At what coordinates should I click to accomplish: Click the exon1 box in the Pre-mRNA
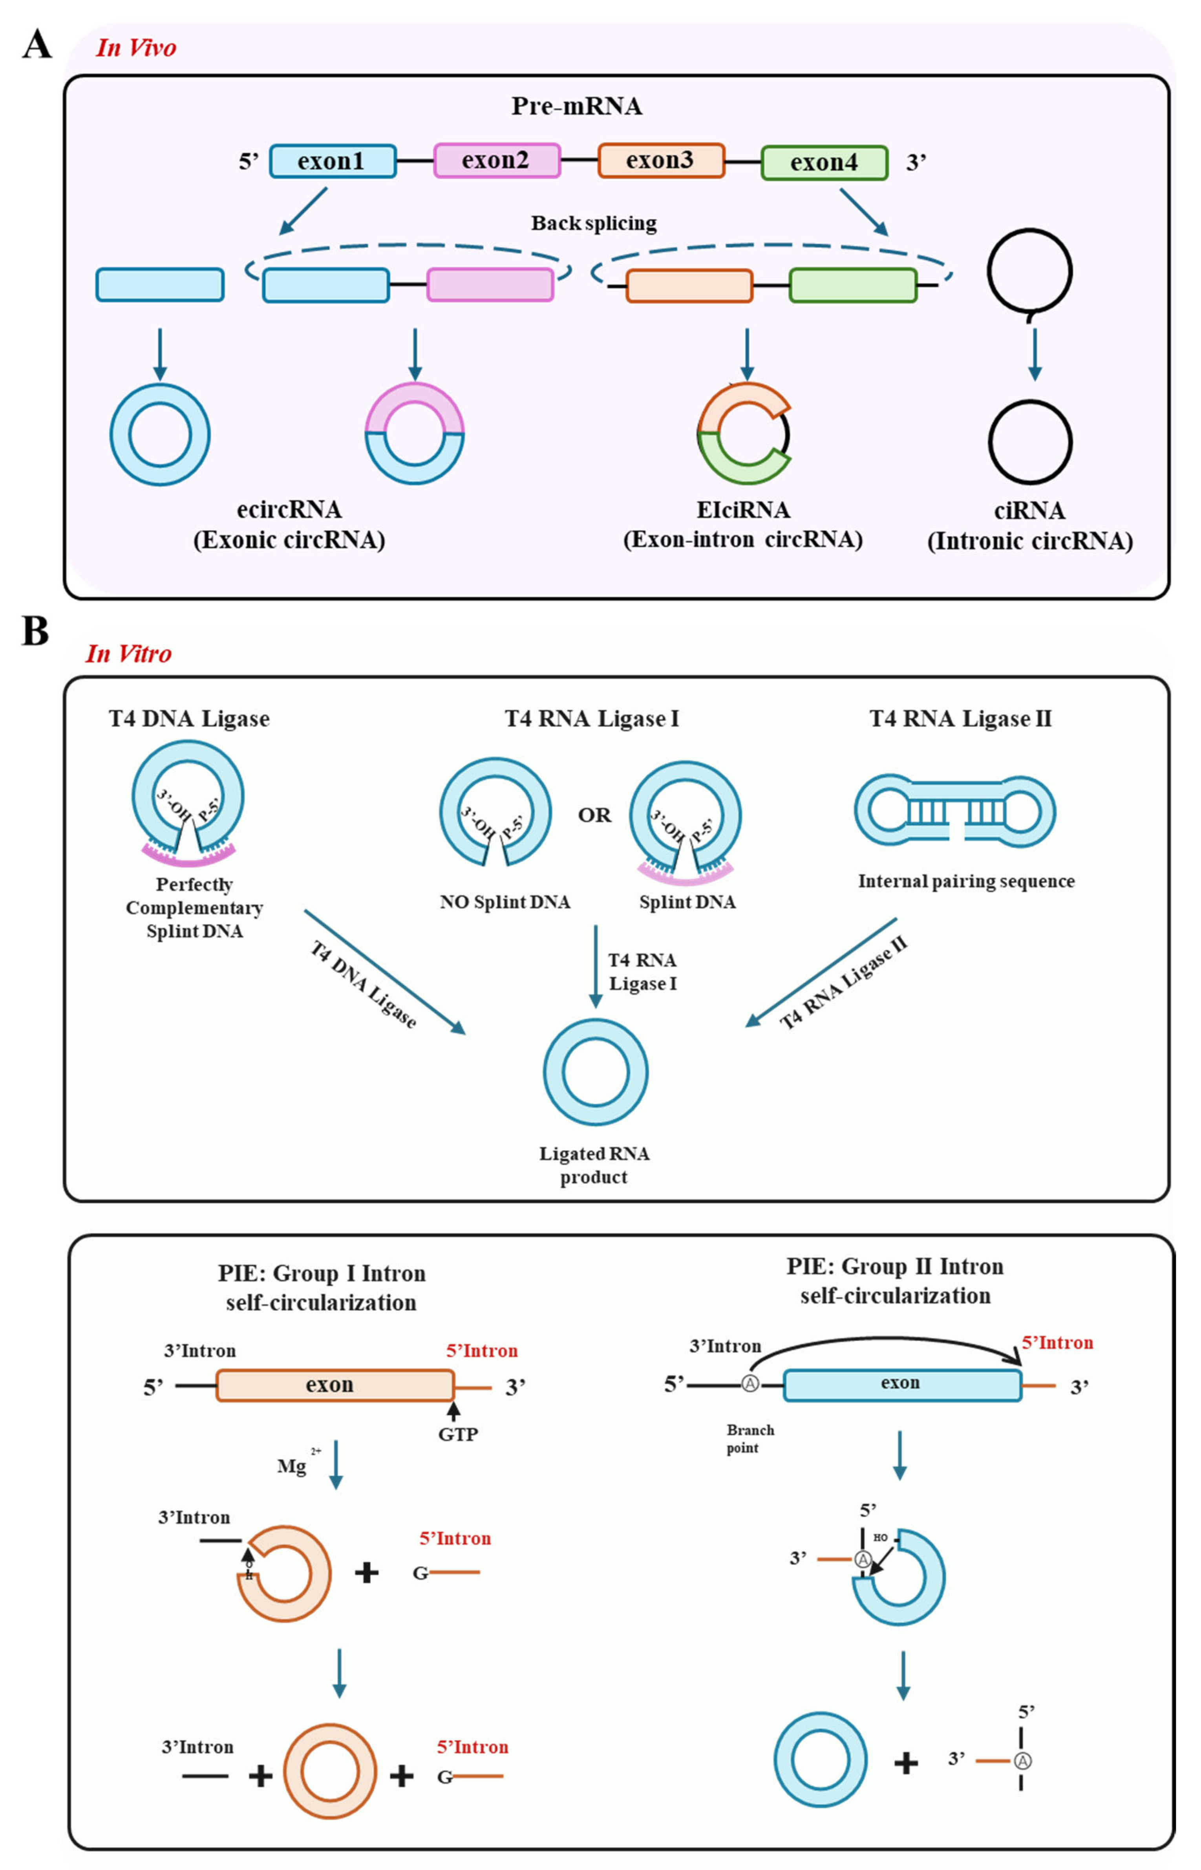[333, 161]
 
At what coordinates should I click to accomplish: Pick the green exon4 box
[824, 162]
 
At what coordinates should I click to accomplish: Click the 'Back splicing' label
[594, 223]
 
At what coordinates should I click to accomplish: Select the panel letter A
[37, 44]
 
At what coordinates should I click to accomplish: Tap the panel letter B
[35, 631]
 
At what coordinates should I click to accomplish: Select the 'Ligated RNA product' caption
[594, 1165]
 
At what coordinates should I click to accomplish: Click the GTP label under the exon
[458, 1434]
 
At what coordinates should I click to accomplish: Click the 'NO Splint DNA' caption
[505, 902]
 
